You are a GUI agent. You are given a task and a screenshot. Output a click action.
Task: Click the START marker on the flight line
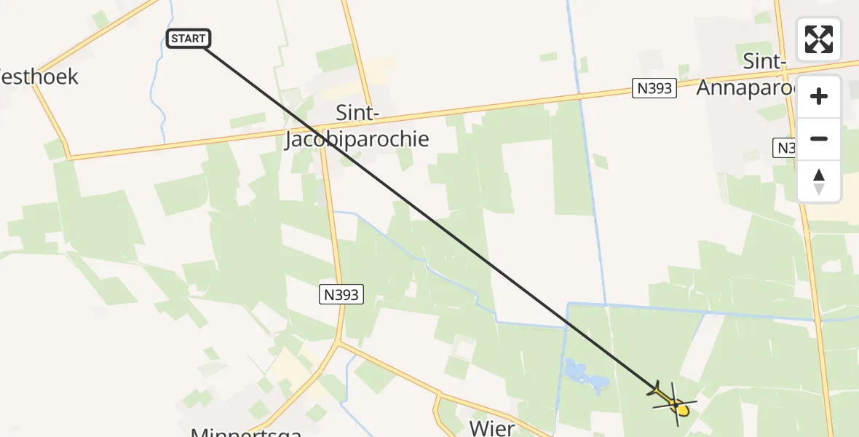pos(189,39)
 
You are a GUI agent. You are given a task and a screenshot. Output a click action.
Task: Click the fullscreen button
pos(818,39)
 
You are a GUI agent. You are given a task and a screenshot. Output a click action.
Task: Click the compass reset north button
pos(818,181)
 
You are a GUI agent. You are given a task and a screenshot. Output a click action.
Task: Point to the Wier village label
pos(492,428)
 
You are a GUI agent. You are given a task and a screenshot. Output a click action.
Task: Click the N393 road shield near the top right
pos(654,89)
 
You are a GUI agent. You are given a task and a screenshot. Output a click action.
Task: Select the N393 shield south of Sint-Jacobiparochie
pos(341,294)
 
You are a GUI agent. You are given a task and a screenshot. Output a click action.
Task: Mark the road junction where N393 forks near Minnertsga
pos(339,343)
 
